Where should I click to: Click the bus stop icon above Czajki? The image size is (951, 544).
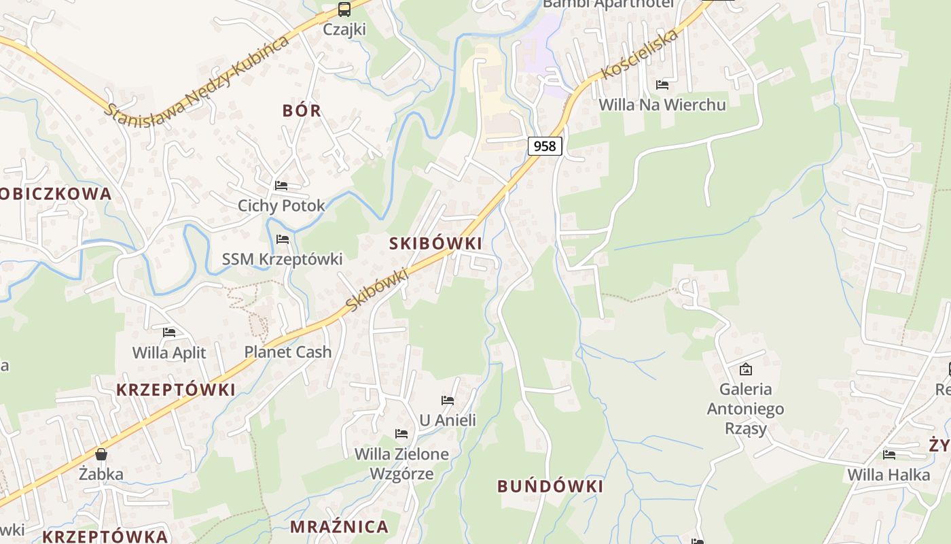(x=344, y=10)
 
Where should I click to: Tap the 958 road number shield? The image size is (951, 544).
(x=545, y=146)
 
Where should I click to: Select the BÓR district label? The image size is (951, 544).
(x=302, y=111)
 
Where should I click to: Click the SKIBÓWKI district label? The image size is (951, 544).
(x=435, y=243)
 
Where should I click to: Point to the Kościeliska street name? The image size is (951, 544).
(x=640, y=54)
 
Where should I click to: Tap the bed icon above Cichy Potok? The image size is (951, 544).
(x=281, y=185)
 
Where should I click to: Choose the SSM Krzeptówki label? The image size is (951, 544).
(x=282, y=259)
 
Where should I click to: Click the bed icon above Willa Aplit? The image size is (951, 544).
(x=169, y=333)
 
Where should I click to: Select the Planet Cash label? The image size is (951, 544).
(x=288, y=352)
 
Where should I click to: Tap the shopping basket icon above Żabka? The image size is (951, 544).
(x=101, y=454)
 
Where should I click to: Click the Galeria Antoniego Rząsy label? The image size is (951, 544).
(x=745, y=409)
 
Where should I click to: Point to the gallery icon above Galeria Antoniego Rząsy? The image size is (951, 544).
(x=746, y=369)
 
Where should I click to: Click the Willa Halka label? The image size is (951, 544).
(x=889, y=475)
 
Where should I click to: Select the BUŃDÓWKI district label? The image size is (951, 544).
(x=550, y=486)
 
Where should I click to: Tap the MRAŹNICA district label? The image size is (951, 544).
(x=339, y=526)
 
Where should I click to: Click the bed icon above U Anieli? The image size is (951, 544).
(x=448, y=401)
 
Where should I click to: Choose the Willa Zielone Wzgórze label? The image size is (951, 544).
(x=401, y=464)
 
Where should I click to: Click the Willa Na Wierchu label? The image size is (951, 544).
(x=662, y=105)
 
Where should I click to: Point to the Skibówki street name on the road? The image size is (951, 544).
(x=377, y=290)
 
